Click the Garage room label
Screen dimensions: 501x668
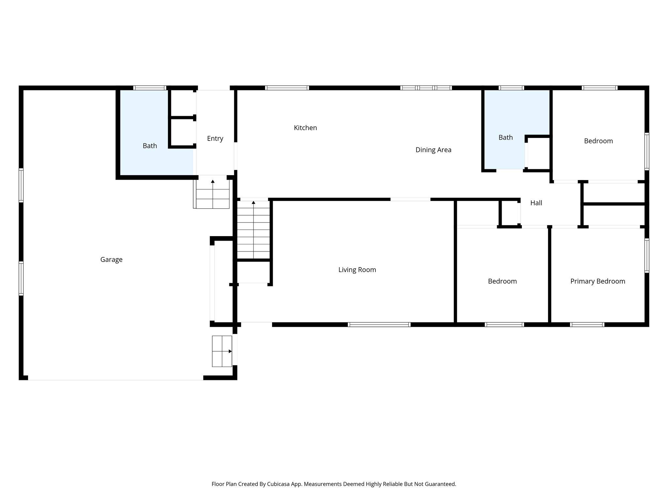[111, 260]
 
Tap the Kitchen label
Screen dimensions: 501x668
[305, 128]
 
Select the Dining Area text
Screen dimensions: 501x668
[433, 150]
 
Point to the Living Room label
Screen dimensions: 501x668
[357, 270]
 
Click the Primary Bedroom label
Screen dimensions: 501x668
[598, 281]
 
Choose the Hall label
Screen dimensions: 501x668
[536, 203]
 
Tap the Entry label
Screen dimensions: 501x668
[215, 139]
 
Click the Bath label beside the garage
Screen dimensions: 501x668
[150, 146]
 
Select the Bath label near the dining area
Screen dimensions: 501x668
[506, 138]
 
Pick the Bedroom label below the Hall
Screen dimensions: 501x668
[502, 281]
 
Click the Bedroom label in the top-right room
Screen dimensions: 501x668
[598, 141]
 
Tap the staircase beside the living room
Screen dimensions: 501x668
[253, 230]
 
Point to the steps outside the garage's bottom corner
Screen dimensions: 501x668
[222, 351]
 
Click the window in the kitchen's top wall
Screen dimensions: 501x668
[287, 88]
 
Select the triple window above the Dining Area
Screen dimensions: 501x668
[426, 88]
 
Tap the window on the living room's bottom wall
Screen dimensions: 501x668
[379, 325]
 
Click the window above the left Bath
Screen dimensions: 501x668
[150, 88]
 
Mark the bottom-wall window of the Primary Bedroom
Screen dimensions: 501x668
[587, 325]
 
